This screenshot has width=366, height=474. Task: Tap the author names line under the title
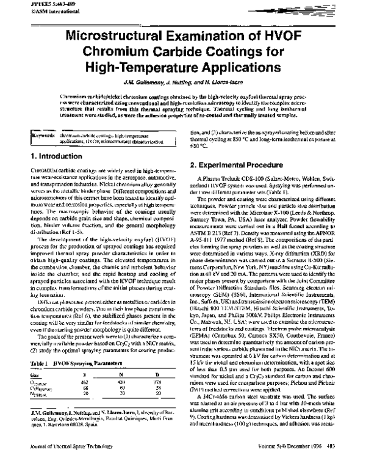(x=182, y=84)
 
